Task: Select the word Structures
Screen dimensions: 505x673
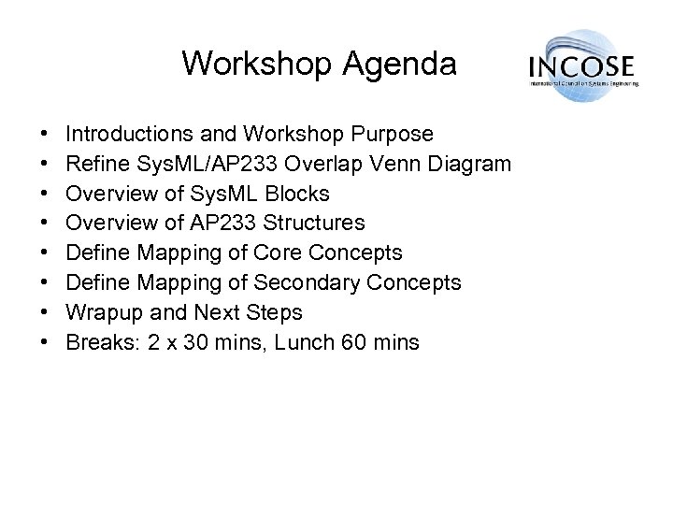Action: tap(318, 224)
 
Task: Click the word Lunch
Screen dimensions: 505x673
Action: tap(298, 341)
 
